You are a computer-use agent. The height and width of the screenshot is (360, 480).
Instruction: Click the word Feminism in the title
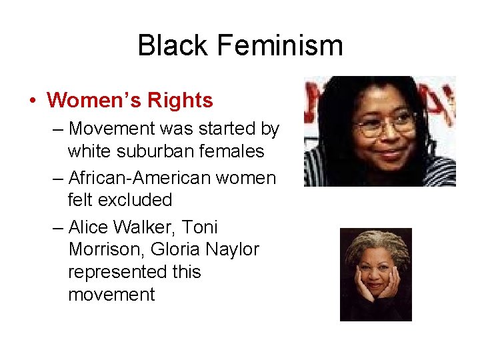(281, 45)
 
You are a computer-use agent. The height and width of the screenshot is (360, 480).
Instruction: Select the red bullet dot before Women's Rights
(33, 101)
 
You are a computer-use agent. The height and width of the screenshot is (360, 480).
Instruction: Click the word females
(233, 152)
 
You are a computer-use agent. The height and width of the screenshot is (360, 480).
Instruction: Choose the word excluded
(140, 200)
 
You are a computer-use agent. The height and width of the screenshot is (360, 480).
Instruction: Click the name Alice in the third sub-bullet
(88, 227)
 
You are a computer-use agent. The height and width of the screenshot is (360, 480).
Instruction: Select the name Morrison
(106, 250)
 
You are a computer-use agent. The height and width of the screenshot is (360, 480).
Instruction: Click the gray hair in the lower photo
(375, 243)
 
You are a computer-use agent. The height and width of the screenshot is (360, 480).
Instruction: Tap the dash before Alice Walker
(58, 227)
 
